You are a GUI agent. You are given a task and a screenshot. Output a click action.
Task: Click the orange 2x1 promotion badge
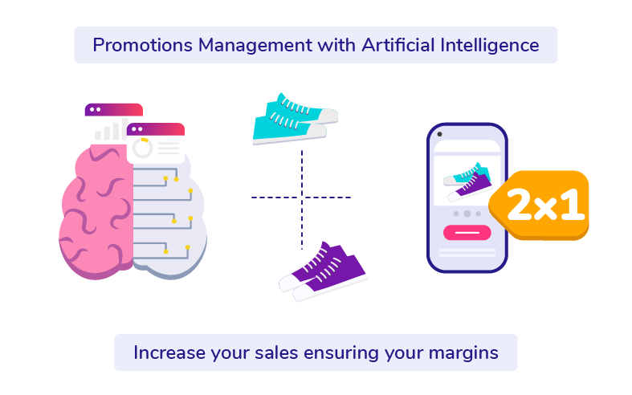[x=540, y=206]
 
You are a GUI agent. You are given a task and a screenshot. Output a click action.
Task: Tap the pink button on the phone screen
[x=467, y=233]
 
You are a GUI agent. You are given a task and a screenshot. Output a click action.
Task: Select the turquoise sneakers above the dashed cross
[x=292, y=119]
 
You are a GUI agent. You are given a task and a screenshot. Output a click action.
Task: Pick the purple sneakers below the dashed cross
[x=323, y=270]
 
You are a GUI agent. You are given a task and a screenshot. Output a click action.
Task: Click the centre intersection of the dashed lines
[x=302, y=197]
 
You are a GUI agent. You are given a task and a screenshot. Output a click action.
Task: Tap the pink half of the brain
[x=95, y=209]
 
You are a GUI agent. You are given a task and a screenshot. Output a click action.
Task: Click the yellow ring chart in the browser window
[x=143, y=149]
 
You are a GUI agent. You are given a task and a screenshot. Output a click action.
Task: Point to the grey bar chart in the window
[x=109, y=130]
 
